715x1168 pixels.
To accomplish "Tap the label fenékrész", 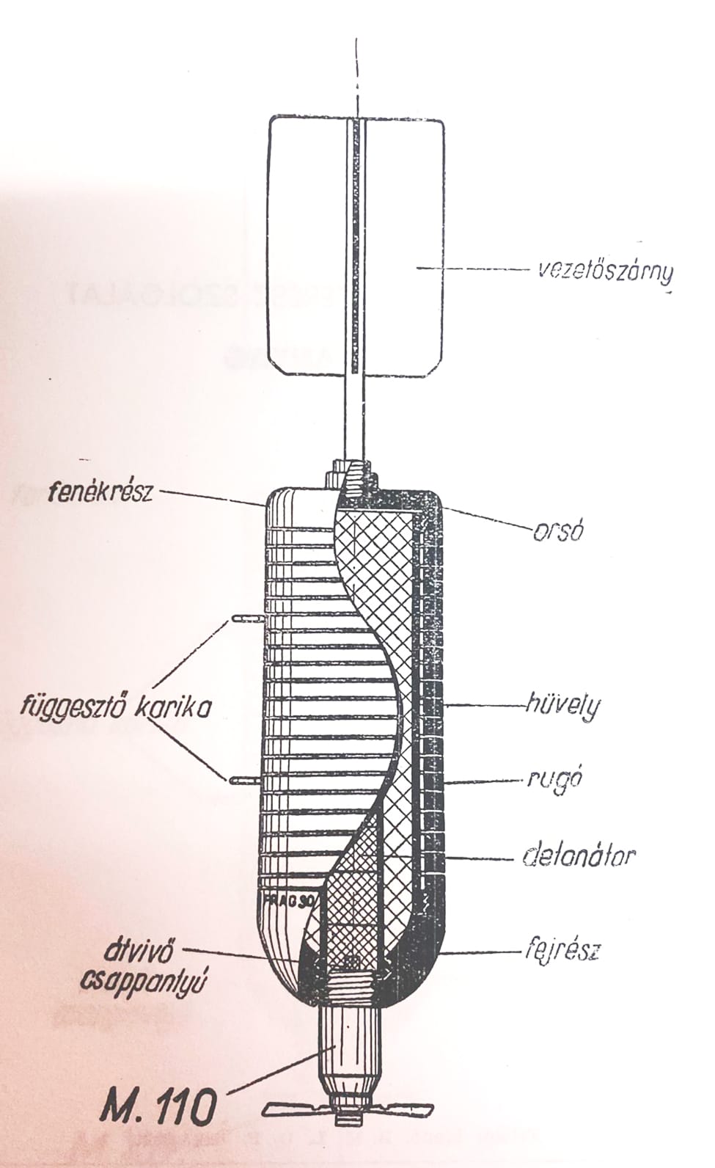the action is (99, 491).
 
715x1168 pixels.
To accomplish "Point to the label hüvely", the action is (562, 707).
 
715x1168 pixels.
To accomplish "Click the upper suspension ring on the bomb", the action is (246, 621).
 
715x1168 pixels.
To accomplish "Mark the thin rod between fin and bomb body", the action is (357, 418).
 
